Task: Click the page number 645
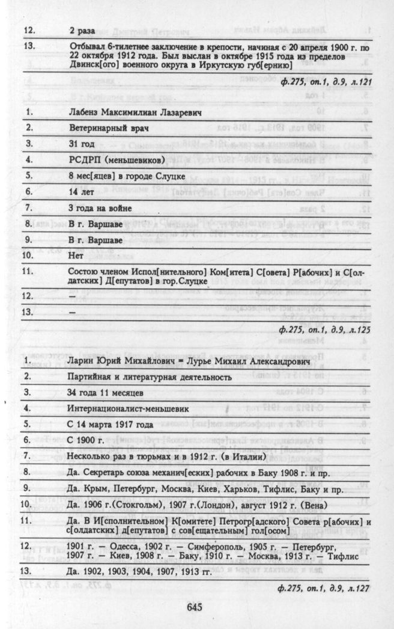tap(196, 607)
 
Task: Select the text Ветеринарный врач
tap(105, 128)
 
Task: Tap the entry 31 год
tap(80, 144)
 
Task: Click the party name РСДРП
tap(83, 161)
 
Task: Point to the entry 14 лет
tap(80, 193)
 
